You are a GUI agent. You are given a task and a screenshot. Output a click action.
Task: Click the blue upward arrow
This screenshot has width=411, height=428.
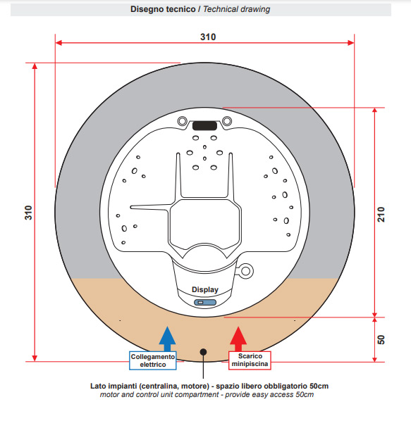click(167, 339)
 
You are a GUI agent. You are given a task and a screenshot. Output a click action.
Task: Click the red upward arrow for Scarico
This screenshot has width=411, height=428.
click(238, 339)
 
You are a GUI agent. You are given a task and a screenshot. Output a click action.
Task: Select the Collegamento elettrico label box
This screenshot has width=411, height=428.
click(153, 360)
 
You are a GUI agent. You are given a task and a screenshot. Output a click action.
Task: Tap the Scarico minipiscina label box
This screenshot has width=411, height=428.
click(250, 360)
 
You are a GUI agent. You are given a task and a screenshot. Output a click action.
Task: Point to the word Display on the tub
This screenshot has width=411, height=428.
click(205, 289)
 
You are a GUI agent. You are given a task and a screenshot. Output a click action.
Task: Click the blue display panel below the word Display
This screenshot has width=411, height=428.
click(205, 303)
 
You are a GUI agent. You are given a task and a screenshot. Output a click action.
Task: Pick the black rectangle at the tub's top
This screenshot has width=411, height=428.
click(205, 125)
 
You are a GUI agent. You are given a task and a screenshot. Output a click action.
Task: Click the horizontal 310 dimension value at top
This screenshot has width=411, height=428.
click(208, 37)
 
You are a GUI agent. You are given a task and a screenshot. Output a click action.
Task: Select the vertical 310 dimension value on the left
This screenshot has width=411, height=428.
click(28, 213)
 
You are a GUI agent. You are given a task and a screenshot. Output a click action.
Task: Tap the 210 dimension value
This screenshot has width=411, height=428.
click(381, 214)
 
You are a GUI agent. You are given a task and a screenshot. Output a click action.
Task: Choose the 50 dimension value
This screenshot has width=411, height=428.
click(381, 339)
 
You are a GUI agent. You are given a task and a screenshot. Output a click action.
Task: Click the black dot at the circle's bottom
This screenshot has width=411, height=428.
click(203, 352)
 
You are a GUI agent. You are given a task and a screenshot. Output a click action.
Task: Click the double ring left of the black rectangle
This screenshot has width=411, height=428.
click(183, 120)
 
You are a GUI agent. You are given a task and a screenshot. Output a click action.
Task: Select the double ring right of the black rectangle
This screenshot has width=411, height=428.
click(227, 120)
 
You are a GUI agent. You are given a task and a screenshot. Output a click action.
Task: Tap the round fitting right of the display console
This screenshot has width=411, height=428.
click(245, 271)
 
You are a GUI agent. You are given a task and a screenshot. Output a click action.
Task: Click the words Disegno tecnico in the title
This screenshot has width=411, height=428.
click(163, 9)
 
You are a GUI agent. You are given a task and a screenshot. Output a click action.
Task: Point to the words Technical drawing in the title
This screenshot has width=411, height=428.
click(237, 9)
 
